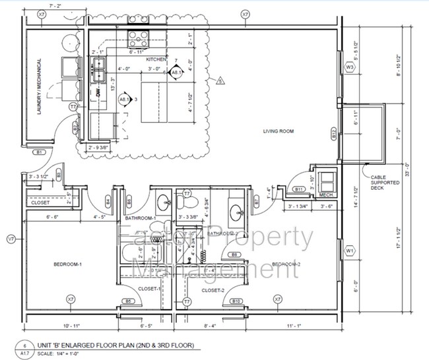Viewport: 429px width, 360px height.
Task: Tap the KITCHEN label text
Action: pos(157,59)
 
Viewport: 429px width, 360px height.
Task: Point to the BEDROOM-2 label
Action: pos(286,264)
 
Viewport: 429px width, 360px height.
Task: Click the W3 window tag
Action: pos(350,68)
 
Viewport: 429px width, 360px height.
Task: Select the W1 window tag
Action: pos(350,251)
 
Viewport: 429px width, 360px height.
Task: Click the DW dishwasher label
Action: pos(98,94)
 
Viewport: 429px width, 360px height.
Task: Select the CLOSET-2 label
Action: pos(214,290)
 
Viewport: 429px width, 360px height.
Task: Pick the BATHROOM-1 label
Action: pos(140,218)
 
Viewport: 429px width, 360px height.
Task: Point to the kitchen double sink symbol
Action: pos(99,63)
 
